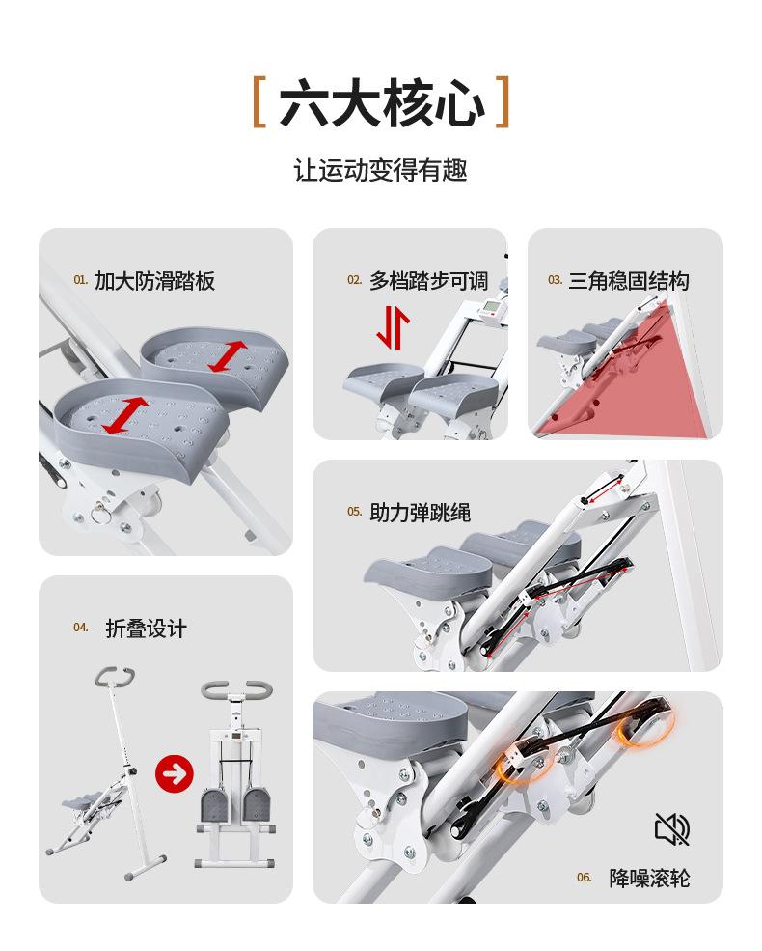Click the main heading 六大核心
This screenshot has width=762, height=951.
pos(381,102)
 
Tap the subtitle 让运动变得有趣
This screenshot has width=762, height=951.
pos(381,172)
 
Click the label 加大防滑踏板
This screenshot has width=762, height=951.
pos(154,281)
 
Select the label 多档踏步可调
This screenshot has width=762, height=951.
pos(428,281)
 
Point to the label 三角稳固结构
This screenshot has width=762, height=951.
pos(629,281)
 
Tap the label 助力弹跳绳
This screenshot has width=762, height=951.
pos(421,512)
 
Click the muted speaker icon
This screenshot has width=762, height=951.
pos(671,828)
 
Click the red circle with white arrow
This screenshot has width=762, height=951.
pos(175,772)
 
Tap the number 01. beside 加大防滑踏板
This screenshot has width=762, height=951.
pos(81,280)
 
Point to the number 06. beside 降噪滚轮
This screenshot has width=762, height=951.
pos(585,878)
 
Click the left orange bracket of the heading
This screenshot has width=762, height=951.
pos(259,103)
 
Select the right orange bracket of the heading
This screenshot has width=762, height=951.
pos(501,103)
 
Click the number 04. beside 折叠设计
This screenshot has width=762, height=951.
pos(81,628)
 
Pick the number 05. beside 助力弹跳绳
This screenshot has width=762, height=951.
pos(355,512)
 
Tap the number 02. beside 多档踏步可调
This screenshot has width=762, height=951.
pos(354,280)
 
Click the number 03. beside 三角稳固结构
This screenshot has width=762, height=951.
pos(555,280)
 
